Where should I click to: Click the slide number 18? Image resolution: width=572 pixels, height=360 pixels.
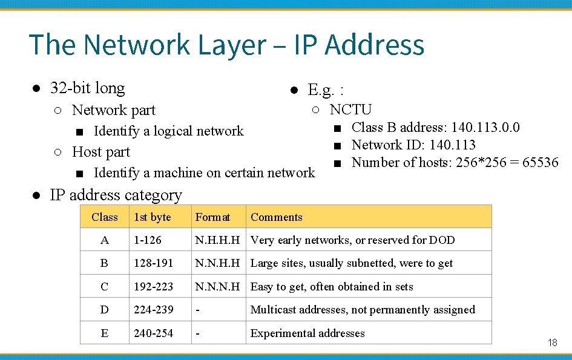tap(552, 342)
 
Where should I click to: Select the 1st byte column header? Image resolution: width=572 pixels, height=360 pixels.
tap(153, 217)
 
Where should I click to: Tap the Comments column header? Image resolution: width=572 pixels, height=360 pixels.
tap(276, 217)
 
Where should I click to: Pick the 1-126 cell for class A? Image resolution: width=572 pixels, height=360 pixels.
tap(148, 240)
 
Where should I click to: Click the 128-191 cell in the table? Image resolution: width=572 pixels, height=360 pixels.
tap(153, 263)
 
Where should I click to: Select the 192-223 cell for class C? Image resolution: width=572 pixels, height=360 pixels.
tap(153, 286)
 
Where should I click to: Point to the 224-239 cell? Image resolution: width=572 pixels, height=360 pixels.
tap(153, 310)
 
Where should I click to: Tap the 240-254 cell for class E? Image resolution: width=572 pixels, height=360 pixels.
tap(153, 333)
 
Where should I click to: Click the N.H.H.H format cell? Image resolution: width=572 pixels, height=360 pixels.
tap(217, 240)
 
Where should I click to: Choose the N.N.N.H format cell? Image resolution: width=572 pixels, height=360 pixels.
tap(217, 286)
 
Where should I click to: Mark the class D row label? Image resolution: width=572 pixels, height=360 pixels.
tap(105, 310)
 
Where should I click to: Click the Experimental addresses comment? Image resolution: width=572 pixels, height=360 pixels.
tap(307, 333)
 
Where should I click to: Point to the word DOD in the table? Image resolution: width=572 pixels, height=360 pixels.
tap(442, 240)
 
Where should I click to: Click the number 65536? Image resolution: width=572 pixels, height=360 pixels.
tap(537, 162)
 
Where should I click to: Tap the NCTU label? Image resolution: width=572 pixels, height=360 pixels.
tap(350, 110)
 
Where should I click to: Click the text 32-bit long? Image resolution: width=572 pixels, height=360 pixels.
tap(87, 88)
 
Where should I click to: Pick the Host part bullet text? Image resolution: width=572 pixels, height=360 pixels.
tap(100, 151)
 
